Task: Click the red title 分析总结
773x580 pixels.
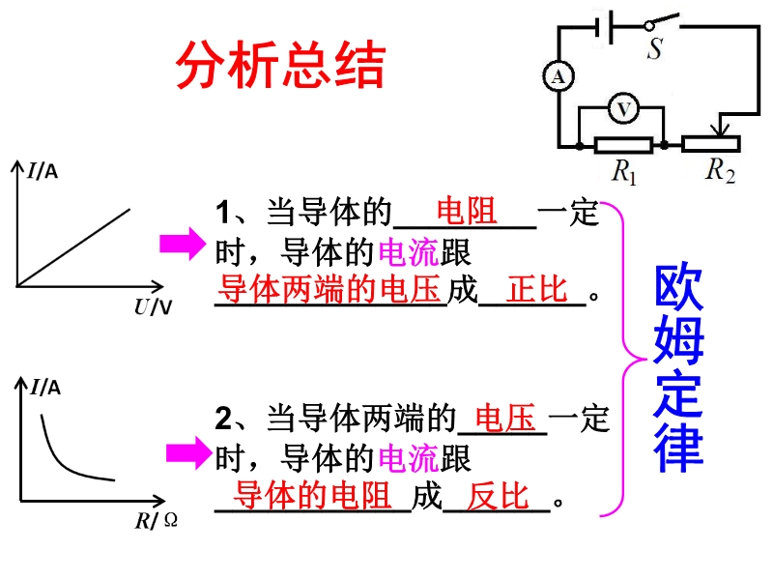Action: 280,65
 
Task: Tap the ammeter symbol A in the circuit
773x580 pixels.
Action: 558,76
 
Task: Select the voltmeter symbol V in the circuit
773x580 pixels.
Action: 623,108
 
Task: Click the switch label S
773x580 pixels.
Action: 655,48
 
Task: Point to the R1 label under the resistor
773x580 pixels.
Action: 624,172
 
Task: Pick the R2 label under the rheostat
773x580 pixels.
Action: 721,170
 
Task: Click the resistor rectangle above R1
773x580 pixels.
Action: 623,145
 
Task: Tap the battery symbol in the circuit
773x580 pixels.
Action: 605,27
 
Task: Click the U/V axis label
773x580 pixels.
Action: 153,307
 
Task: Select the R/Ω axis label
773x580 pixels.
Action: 157,520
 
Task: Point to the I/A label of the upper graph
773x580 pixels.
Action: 43,171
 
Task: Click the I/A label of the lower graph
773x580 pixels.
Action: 45,388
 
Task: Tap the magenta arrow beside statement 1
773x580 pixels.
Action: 183,244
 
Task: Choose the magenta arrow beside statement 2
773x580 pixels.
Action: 188,452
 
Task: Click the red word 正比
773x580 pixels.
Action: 537,289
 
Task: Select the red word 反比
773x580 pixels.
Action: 498,496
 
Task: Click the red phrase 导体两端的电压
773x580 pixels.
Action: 329,289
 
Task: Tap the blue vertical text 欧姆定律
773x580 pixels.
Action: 679,368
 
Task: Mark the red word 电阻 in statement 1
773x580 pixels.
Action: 467,211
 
